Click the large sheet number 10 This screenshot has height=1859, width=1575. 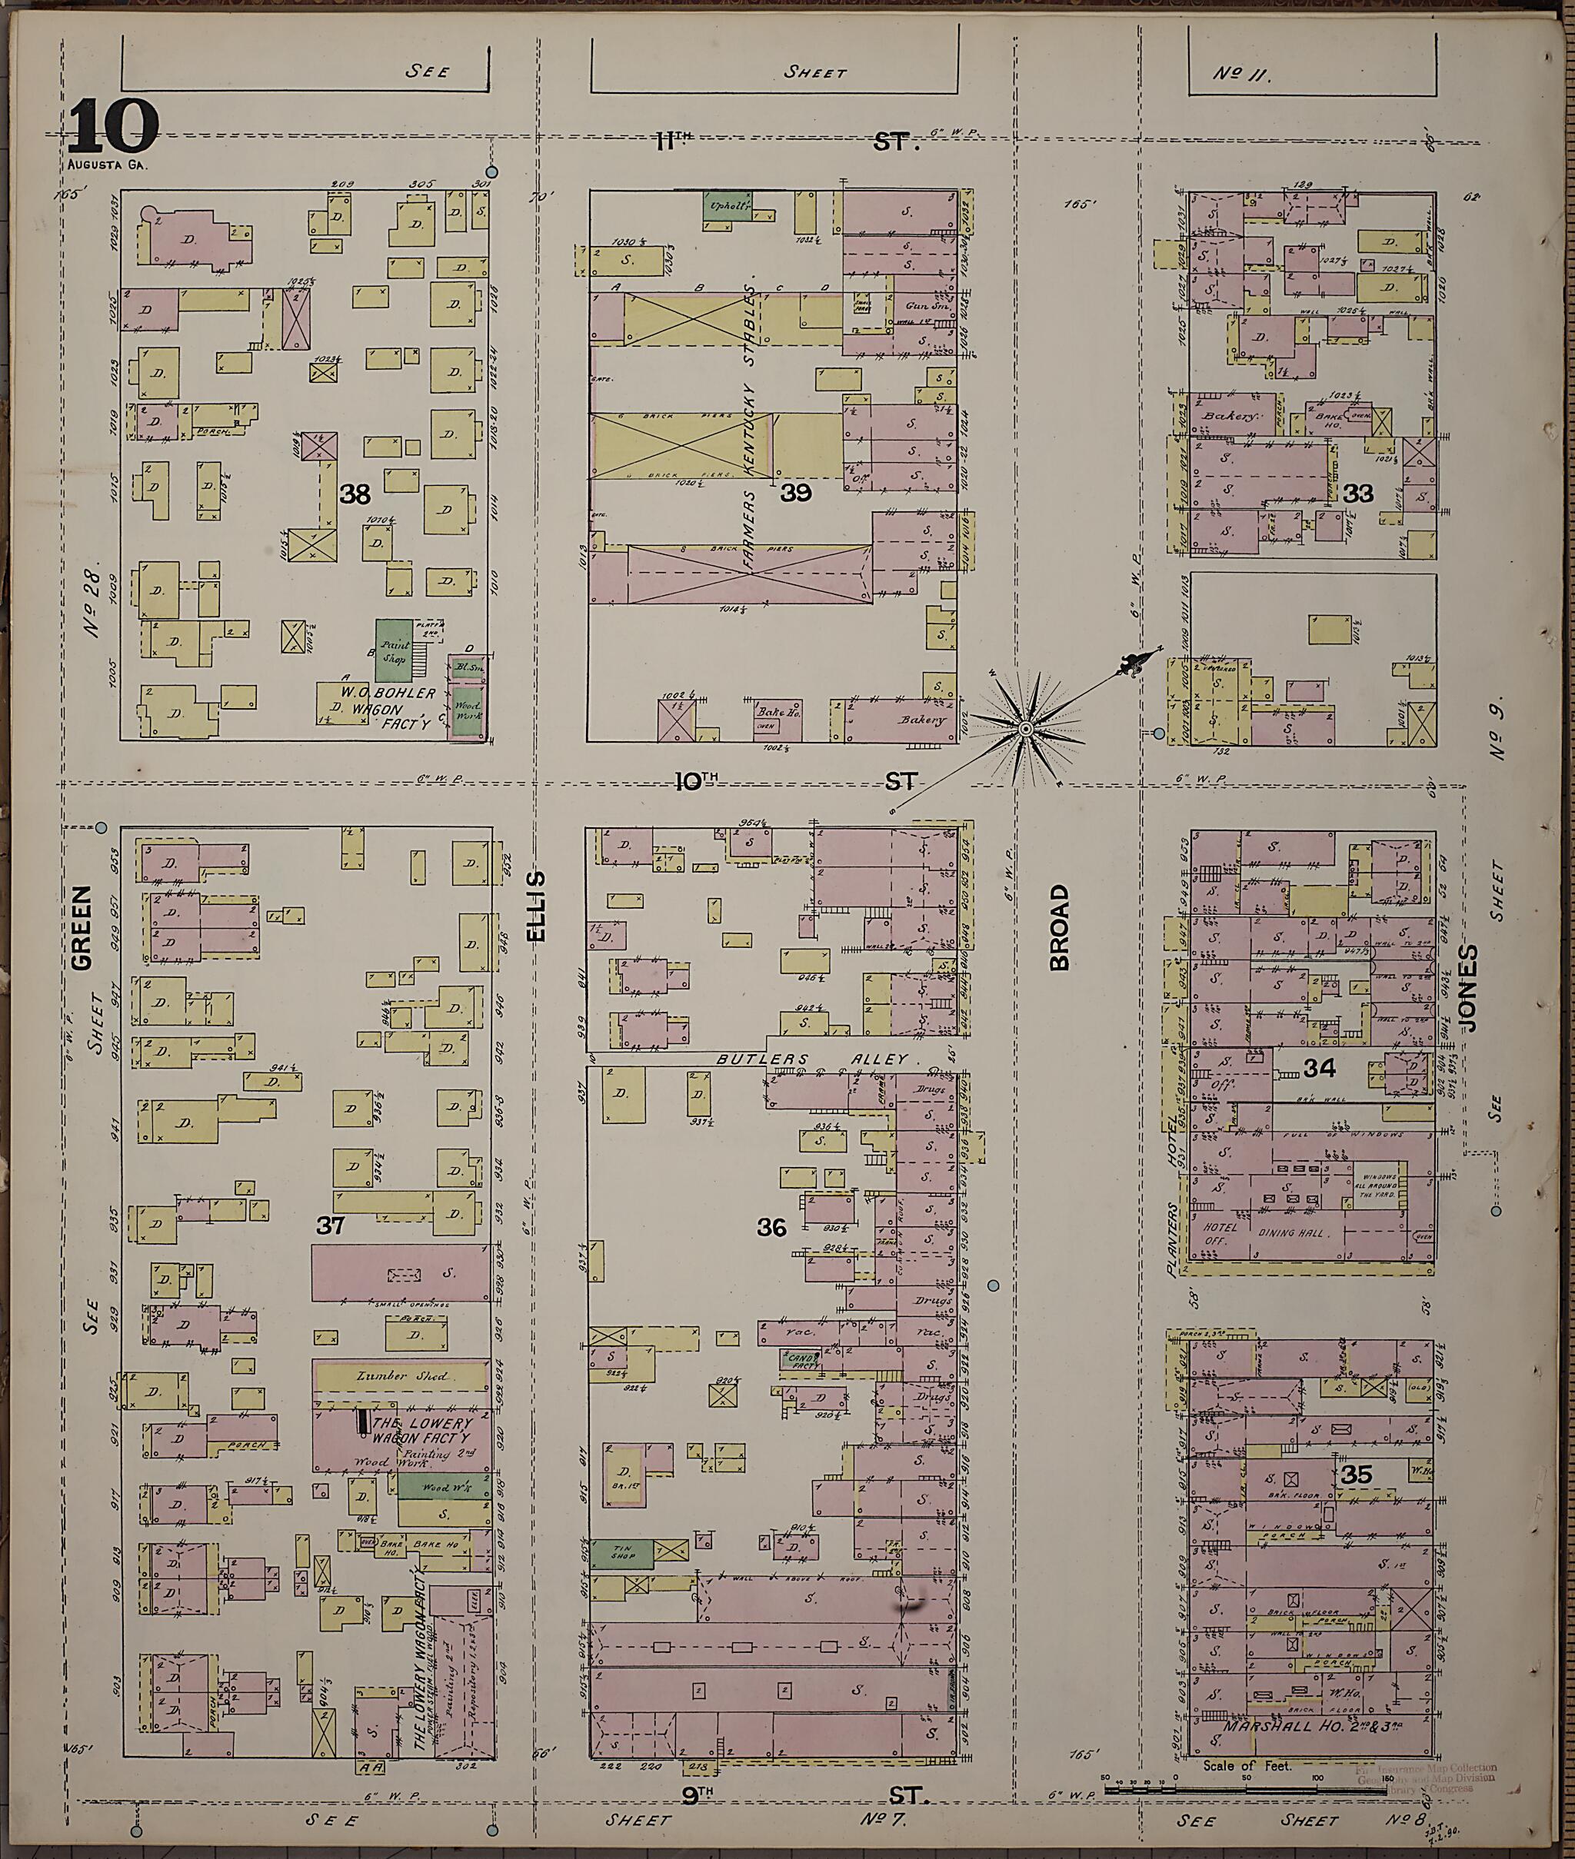112,128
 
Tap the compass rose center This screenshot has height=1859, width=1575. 1026,730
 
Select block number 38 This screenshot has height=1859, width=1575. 355,494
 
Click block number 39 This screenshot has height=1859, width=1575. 795,492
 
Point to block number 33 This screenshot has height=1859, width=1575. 1358,493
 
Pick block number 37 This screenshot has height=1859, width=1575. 331,1225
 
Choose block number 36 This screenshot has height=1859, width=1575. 771,1228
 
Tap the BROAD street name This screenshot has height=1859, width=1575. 1059,927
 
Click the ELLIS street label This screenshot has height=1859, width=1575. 536,906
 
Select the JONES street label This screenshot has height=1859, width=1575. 1470,989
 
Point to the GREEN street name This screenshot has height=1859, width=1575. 82,927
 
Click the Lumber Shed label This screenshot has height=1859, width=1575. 395,1375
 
